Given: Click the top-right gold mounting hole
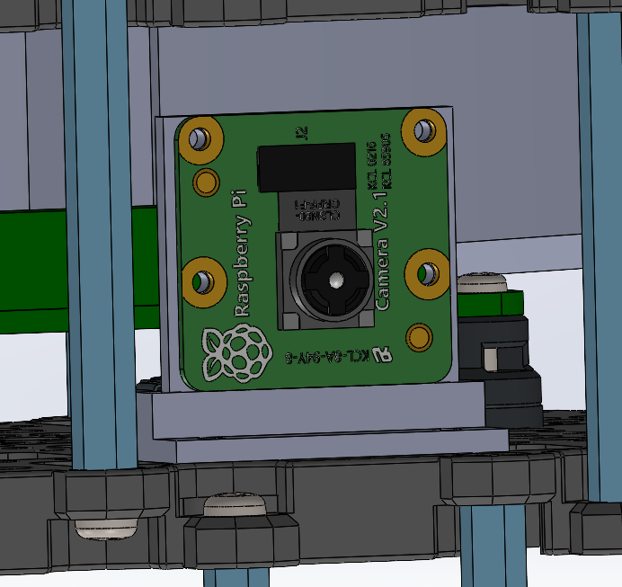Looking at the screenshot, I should pyautogui.click(x=423, y=130).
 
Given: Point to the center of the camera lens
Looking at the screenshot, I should pyautogui.click(x=334, y=280).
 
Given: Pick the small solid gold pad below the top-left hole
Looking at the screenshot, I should pyautogui.click(x=207, y=180).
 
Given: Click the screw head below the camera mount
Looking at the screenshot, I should pyautogui.click(x=235, y=504).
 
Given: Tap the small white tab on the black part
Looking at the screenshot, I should pyautogui.click(x=492, y=359).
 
